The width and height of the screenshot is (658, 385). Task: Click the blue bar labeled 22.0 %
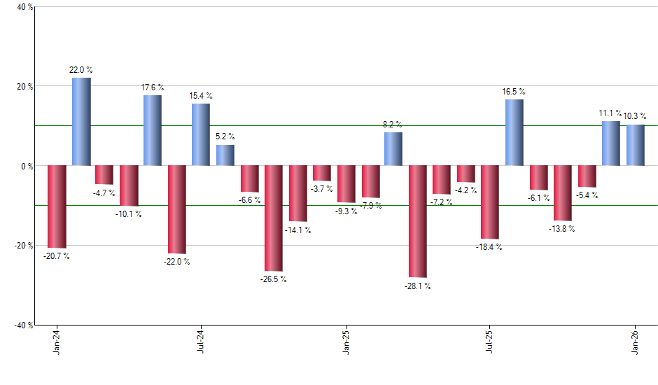pyautogui.click(x=81, y=122)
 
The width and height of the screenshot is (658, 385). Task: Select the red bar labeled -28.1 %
pyautogui.click(x=418, y=221)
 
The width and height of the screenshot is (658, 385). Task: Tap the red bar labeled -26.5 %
pyautogui.click(x=273, y=218)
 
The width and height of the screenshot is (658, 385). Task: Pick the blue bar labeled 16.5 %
pyautogui.click(x=514, y=132)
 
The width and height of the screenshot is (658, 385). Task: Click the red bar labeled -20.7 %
pyautogui.click(x=57, y=206)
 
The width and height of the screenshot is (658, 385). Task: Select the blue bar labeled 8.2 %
pyautogui.click(x=393, y=148)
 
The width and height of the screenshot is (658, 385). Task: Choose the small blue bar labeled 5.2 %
pyautogui.click(x=225, y=155)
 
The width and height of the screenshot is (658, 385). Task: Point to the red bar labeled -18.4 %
pyautogui.click(x=490, y=202)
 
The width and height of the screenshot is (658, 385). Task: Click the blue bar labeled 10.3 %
pyautogui.click(x=636, y=145)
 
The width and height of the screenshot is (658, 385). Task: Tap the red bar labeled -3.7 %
pyautogui.click(x=322, y=173)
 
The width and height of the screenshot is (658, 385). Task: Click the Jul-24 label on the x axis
pyautogui.click(x=201, y=342)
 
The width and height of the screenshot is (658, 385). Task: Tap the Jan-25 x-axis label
pyautogui.click(x=346, y=342)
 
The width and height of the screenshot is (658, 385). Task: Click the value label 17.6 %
pyautogui.click(x=153, y=87)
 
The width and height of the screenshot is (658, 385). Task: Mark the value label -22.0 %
pyautogui.click(x=177, y=262)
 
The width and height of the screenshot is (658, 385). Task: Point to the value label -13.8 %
pyautogui.click(x=562, y=229)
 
